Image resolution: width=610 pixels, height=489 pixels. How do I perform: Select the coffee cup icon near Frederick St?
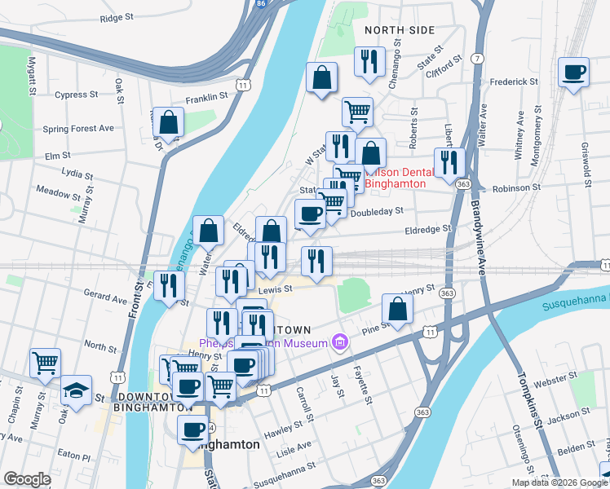[x=574, y=72]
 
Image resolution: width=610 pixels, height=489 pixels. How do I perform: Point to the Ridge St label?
[x=117, y=17]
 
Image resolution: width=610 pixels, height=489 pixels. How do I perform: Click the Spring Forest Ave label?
[x=78, y=129]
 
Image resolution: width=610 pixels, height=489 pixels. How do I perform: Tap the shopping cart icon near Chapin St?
[x=46, y=363]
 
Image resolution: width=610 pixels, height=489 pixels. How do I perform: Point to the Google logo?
[x=27, y=479]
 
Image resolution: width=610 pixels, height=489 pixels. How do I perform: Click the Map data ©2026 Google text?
[x=559, y=482]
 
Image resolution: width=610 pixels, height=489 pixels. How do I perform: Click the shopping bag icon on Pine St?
[x=397, y=308]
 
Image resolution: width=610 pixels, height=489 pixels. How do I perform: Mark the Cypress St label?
[x=76, y=95]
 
